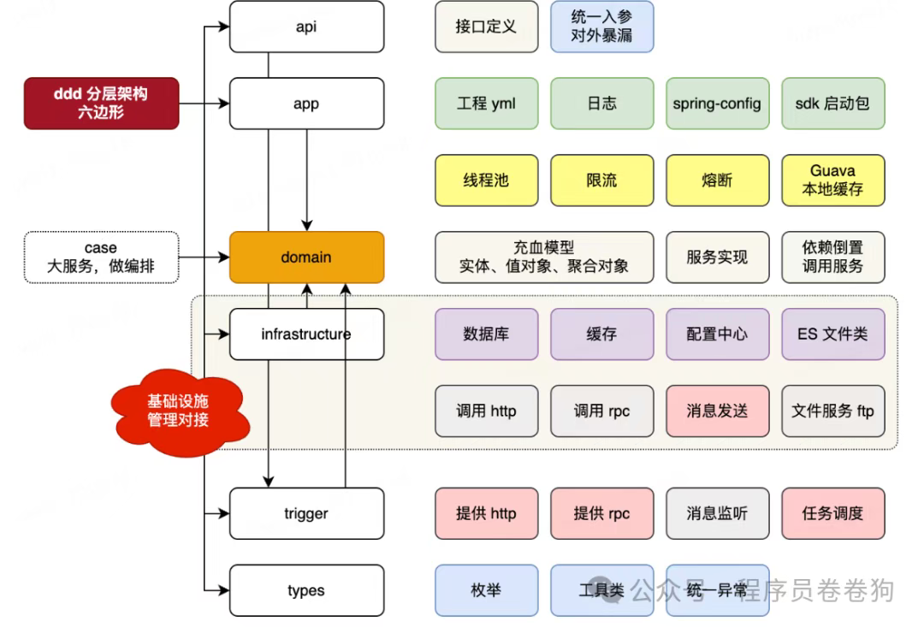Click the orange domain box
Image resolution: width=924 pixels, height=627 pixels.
306,257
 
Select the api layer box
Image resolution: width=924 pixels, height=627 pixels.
306,27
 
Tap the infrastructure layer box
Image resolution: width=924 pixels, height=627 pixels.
306,334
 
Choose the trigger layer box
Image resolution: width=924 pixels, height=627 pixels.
306,513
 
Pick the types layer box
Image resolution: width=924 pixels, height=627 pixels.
306,590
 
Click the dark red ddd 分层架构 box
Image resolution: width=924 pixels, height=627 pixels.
101,104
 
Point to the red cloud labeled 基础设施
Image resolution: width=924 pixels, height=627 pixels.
178,410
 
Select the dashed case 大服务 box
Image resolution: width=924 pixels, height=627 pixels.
101,257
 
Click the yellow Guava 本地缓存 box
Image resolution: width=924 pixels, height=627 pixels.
832,180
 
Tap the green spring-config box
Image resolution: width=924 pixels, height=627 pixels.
717,104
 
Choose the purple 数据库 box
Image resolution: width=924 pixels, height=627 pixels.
486,334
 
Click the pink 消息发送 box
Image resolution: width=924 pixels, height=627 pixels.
717,411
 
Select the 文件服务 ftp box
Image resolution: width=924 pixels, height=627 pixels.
832,411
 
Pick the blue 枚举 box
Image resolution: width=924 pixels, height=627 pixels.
486,590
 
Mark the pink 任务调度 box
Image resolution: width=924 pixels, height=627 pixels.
832,513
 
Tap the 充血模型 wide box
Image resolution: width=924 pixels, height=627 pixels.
543,257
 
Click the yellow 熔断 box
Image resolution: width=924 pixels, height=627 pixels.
717,180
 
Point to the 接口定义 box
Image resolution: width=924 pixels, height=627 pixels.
486,27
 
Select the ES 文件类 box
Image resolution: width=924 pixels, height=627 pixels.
832,334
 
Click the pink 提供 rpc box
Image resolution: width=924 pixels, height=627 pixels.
601,513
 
